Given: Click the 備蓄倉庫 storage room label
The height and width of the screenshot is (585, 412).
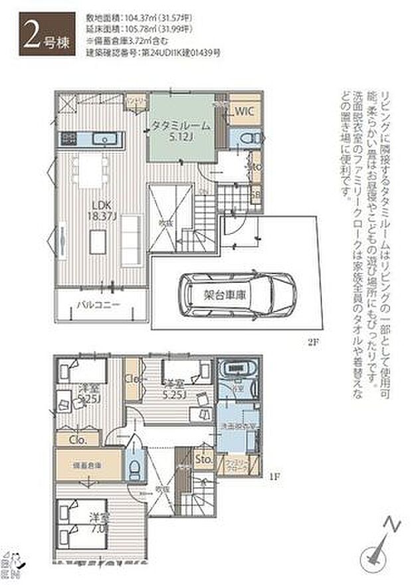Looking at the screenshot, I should (x=88, y=465).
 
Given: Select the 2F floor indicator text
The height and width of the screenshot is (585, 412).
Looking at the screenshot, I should (x=313, y=342).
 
